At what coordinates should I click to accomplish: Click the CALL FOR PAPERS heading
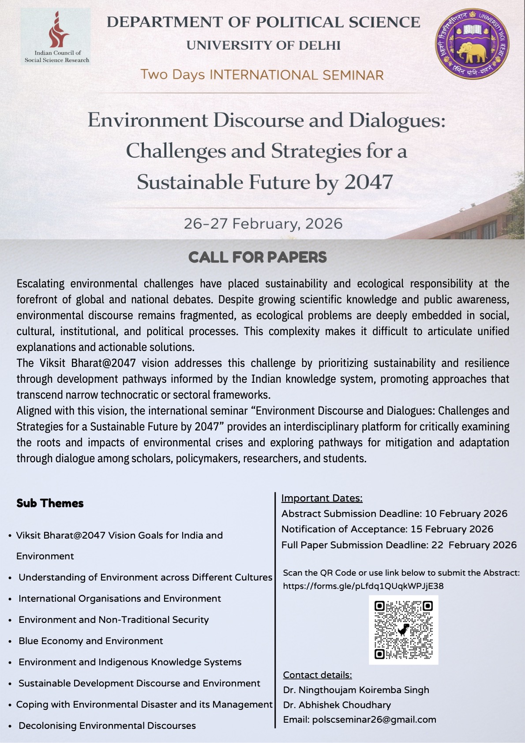point(258,257)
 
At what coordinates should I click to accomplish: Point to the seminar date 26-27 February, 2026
point(263,223)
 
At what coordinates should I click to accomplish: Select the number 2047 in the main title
point(368,182)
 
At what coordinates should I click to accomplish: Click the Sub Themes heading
point(50,503)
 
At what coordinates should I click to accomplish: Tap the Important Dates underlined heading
point(322,498)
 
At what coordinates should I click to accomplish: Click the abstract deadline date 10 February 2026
point(466,513)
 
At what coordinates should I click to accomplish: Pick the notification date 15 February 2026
point(452,529)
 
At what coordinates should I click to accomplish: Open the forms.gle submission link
point(363,586)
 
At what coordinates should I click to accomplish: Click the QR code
point(403,630)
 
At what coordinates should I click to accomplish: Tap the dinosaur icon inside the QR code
point(403,630)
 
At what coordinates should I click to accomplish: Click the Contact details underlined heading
point(317,675)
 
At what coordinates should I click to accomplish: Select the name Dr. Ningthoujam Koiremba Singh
point(356,690)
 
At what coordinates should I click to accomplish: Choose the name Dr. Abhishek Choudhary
point(337,705)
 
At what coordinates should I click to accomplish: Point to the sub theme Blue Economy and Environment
point(90,641)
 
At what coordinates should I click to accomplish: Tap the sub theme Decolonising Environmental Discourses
point(107,725)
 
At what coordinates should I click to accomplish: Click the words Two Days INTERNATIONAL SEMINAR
point(262,75)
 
